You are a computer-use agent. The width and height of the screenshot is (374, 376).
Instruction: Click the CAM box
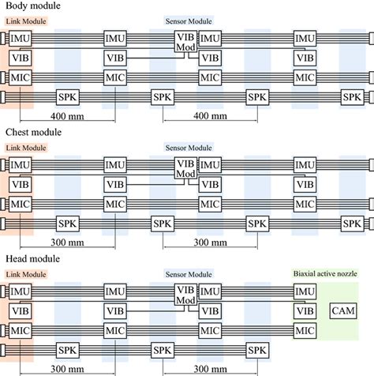pos(342,309)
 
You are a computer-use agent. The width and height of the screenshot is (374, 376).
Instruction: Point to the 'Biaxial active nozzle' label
pos(324,273)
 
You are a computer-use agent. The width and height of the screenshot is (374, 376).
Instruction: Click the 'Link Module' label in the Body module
pos(25,21)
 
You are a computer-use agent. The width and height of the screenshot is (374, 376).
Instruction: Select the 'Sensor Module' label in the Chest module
pos(189,147)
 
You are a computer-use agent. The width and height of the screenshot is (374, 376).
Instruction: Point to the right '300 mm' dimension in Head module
pos(208,369)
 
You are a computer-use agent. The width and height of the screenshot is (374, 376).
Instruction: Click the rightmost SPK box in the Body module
pos(353,96)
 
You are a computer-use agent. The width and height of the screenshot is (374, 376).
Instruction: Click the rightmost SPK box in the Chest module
pos(353,224)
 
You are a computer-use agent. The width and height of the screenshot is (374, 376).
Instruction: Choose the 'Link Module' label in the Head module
pos(25,273)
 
